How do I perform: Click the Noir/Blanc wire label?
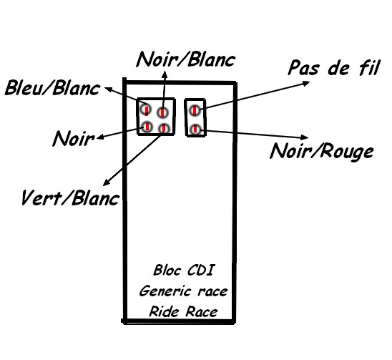[x=186, y=59]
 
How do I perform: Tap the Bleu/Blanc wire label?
[x=52, y=88]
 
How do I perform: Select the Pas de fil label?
[x=334, y=67]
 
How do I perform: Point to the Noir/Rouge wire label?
[x=322, y=152]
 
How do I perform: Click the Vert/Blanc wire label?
[x=70, y=198]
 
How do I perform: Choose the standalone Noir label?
[x=74, y=138]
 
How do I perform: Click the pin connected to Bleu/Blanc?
[x=146, y=110]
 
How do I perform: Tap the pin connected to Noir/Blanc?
[x=163, y=112]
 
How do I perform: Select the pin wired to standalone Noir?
[x=147, y=127]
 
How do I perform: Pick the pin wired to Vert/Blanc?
[x=164, y=129]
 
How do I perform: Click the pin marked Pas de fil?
[x=195, y=110]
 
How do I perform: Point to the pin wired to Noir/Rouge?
[x=195, y=130]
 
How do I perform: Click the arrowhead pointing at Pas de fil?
[x=306, y=83]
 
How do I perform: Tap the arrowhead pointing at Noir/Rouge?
[x=305, y=137]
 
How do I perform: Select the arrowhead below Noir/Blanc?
[x=165, y=74]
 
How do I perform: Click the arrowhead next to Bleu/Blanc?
[x=108, y=89]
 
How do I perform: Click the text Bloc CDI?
[x=184, y=271]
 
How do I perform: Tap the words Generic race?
[x=184, y=291]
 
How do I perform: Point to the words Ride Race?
[x=184, y=312]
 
